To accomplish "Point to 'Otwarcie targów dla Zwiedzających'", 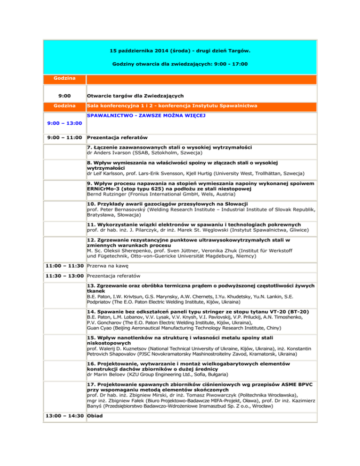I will coord(136,96).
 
